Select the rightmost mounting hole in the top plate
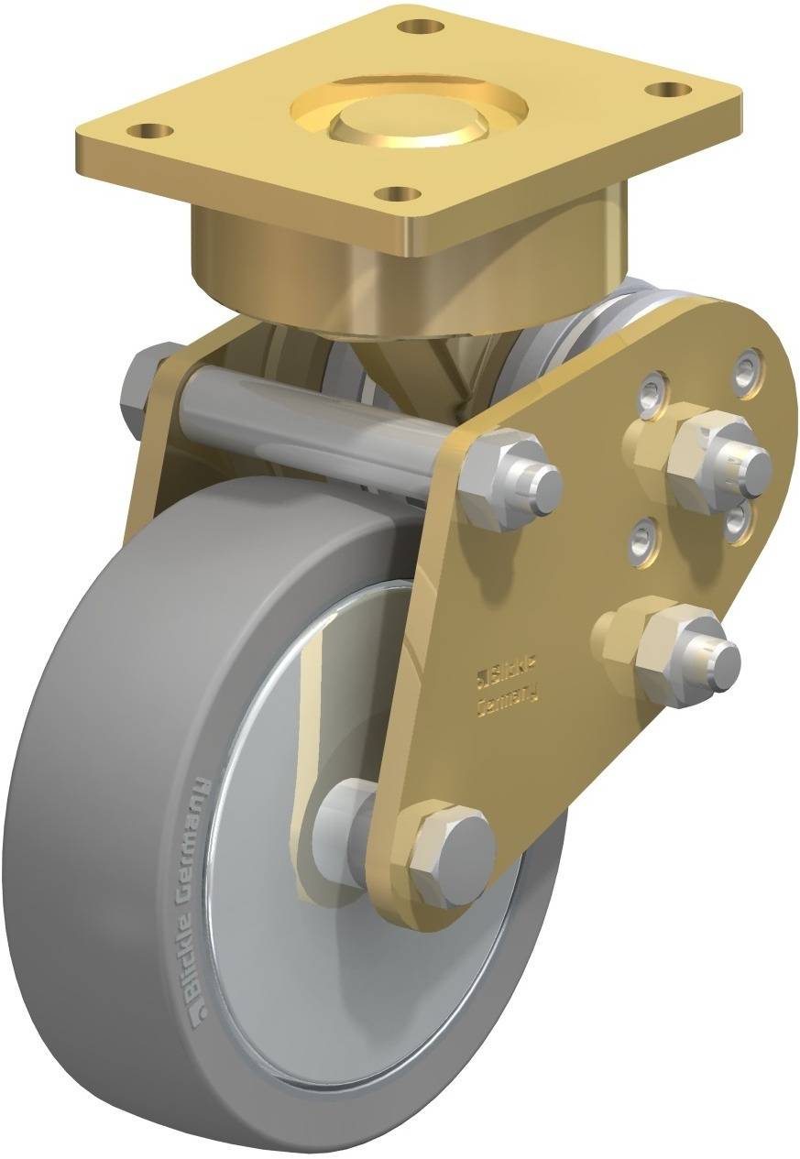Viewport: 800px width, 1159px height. (x=669, y=90)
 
